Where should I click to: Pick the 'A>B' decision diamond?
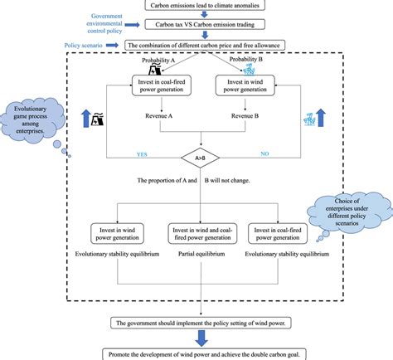click(x=199, y=154)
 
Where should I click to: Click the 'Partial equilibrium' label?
click(x=200, y=256)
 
